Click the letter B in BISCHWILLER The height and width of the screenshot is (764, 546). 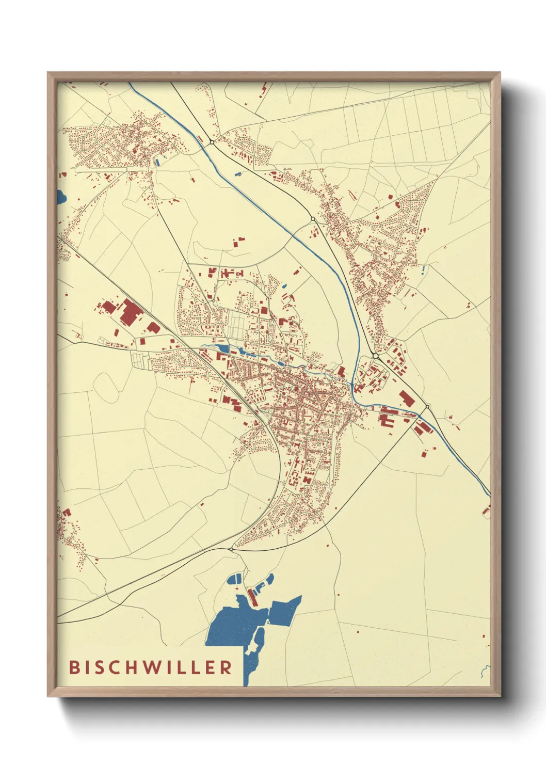74,667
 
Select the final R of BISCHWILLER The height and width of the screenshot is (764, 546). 226,667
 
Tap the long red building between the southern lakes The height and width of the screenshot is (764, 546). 252,597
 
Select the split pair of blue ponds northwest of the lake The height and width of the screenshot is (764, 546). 235,579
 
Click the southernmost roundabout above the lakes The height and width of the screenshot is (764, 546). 230,549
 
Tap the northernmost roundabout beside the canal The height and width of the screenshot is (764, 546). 212,142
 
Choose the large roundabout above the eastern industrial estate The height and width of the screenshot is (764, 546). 375,356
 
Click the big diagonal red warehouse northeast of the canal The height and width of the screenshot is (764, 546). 406,399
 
